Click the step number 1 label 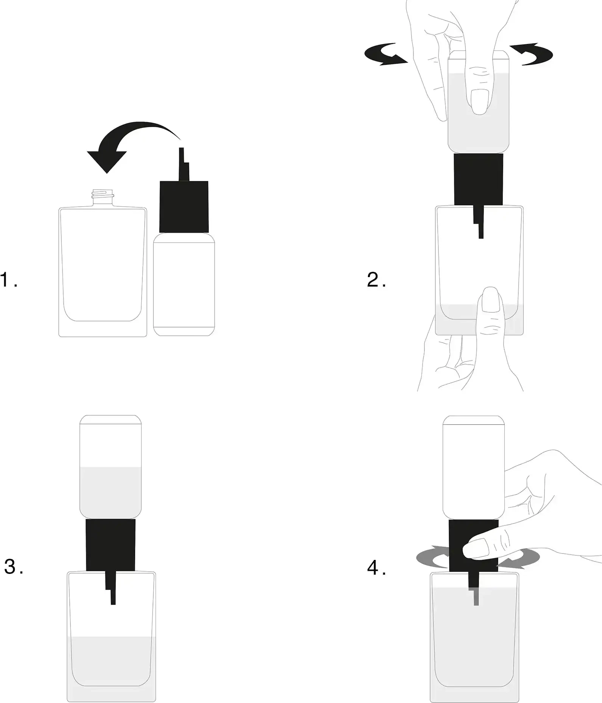click(x=9, y=280)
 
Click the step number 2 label click(x=376, y=280)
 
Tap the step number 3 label click(x=14, y=567)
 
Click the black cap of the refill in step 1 click(x=184, y=207)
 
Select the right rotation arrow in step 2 click(x=532, y=55)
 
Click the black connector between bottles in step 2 click(x=479, y=180)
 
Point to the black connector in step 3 click(x=111, y=545)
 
